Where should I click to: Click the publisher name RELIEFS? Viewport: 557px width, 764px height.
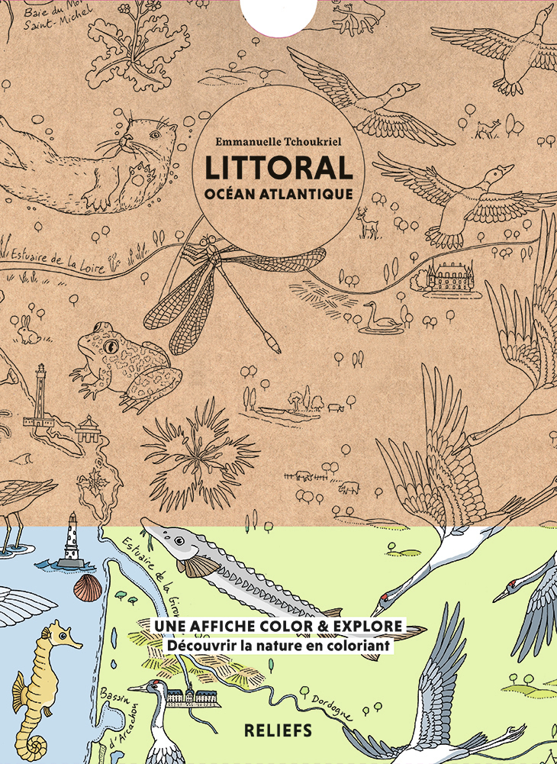[x=277, y=730]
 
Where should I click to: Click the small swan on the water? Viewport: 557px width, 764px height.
[x=382, y=316]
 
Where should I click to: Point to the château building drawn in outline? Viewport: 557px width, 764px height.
[x=449, y=276]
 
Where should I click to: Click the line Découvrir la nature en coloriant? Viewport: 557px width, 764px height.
[x=279, y=646]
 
